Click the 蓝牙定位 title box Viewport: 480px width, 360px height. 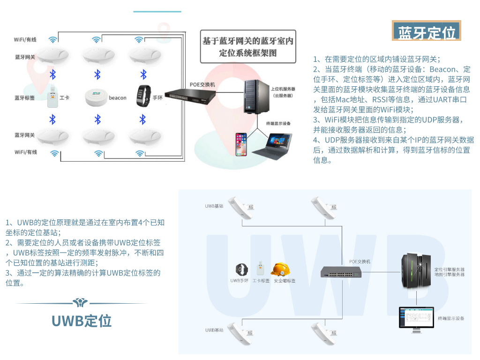tap(427, 32)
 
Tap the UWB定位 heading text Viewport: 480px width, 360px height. tap(82, 321)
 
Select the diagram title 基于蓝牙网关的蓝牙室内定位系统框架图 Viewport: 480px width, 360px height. tap(248, 47)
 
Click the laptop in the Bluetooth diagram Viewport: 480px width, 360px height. tap(272, 145)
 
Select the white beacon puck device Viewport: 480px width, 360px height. tap(96, 97)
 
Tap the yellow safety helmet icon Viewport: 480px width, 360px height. tap(280, 269)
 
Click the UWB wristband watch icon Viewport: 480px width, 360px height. tap(241, 270)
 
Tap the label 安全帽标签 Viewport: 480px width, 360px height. tap(285, 281)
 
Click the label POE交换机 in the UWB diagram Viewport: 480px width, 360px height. tap(360, 261)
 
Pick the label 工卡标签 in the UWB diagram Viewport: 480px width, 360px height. tap(261, 281)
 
